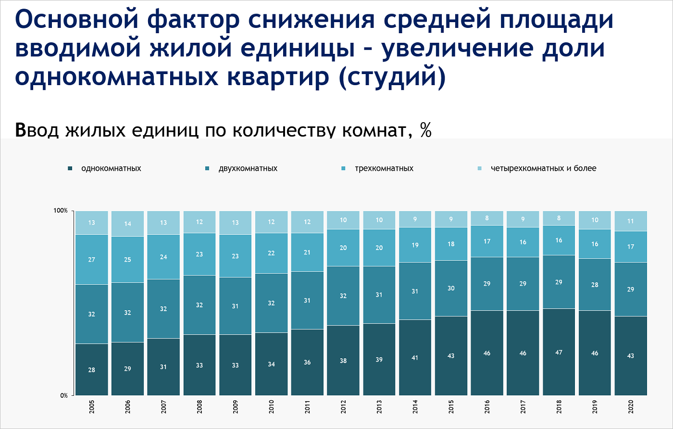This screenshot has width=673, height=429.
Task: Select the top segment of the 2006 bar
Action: point(127,224)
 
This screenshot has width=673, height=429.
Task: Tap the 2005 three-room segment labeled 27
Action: point(91,260)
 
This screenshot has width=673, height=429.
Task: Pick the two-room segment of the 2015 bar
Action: point(451,288)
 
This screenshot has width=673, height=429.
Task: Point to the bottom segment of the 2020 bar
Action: point(631,355)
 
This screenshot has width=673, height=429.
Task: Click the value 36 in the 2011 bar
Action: point(308,362)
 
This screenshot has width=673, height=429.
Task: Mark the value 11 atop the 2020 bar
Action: point(631,222)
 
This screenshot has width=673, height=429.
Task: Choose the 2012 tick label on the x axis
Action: point(343,406)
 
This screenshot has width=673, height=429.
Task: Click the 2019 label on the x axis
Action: point(595,406)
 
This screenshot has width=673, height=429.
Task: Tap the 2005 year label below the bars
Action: point(91,406)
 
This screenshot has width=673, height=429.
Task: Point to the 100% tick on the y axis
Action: point(60,211)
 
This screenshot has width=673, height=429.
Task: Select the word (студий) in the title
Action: point(391,77)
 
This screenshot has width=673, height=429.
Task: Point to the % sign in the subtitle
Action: point(425,130)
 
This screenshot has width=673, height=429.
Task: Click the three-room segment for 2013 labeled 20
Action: point(379,248)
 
